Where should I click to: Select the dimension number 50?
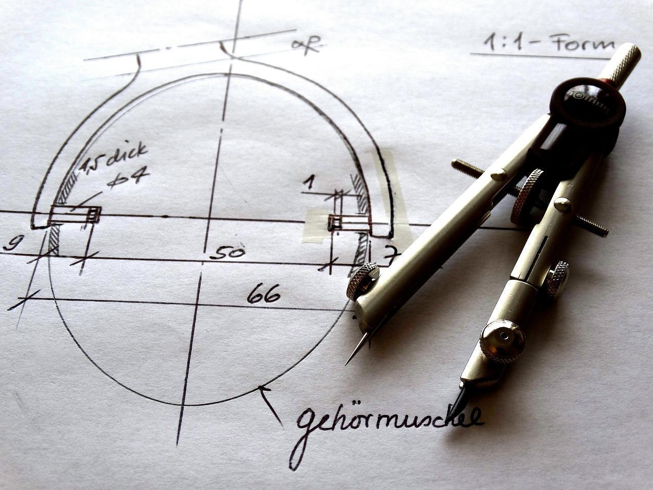227,252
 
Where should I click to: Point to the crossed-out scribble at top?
306,45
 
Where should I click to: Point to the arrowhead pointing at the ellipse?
263,390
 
